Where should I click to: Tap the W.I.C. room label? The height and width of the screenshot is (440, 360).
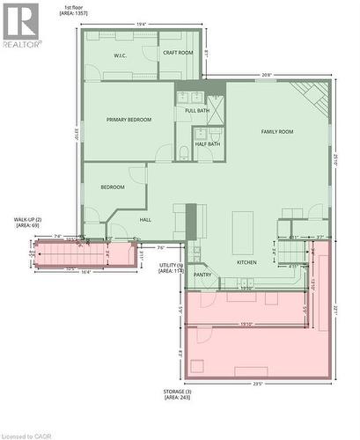(121, 56)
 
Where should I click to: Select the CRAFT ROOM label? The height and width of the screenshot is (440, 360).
(178, 53)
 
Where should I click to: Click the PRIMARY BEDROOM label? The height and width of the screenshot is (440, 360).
(129, 120)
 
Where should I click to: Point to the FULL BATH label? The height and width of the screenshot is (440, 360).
(197, 111)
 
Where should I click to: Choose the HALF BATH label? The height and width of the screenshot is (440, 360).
(208, 143)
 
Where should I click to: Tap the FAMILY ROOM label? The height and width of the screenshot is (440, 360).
(277, 132)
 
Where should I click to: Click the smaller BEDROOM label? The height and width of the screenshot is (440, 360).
(112, 187)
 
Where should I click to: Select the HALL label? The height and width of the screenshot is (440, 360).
(146, 220)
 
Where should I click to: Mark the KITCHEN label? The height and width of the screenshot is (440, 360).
(247, 262)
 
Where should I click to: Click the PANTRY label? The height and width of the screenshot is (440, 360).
(202, 275)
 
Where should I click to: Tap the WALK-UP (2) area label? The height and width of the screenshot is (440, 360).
(27, 222)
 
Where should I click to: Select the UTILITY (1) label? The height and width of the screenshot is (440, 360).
(170, 268)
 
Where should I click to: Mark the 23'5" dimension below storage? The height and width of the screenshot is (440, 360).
(258, 384)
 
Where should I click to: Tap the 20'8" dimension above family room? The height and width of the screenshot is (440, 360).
(266, 76)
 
